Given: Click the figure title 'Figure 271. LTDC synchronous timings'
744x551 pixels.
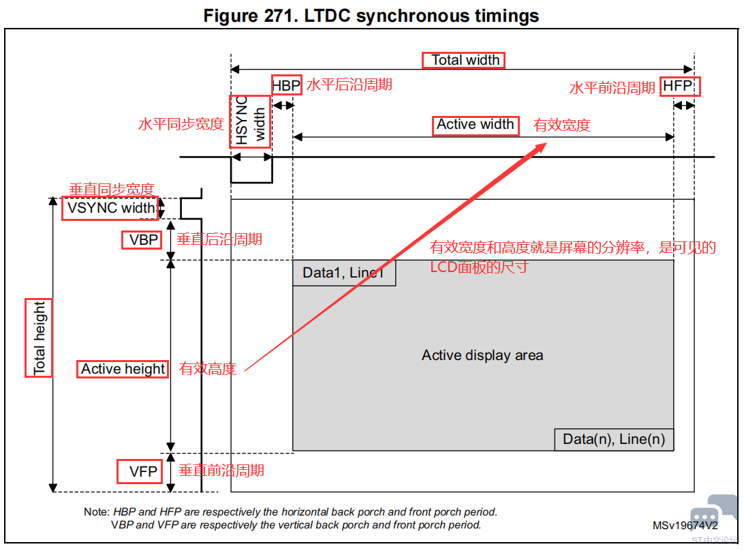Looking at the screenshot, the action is coord(371,16).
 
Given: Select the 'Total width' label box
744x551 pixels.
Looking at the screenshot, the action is coord(463,60).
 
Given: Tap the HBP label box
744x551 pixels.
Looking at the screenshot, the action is coord(287,85).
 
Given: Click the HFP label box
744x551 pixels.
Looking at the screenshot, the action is coord(679,87).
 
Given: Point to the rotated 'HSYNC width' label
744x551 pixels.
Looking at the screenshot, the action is coord(250,121).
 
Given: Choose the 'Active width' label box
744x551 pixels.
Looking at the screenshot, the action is coord(476,126).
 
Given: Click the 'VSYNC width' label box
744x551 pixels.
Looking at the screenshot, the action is coord(110,208).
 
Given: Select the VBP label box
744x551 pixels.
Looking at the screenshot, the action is coord(142,240).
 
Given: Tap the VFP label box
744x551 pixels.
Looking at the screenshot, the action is coord(140,471).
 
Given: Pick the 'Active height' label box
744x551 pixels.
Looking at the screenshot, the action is coord(123,369).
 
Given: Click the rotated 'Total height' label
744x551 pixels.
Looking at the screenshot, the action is coord(39,338).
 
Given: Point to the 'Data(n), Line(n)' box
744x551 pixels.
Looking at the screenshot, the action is coord(614,439).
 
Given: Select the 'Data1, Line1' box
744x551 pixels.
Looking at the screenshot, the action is coord(344,273).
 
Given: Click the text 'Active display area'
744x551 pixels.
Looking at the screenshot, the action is coord(482,355).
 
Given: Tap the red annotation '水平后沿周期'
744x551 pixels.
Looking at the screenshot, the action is coord(350,85).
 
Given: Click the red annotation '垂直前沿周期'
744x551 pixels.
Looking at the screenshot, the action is coord(221,471).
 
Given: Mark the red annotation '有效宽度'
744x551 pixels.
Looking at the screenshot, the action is coord(562,125).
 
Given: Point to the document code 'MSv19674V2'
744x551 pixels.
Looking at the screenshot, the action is coord(685,525).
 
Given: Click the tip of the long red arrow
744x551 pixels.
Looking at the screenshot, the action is coord(546,143).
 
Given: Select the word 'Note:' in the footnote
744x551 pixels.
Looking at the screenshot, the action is coord(97,512).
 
